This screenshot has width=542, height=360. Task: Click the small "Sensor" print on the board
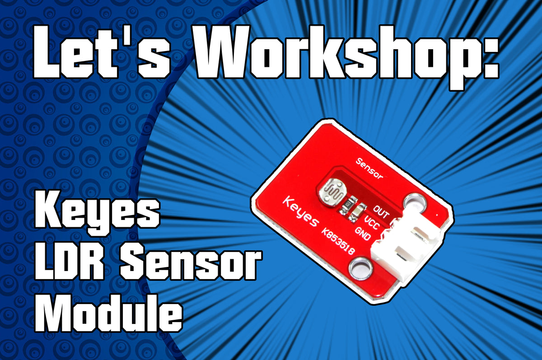pyautogui.click(x=369, y=168)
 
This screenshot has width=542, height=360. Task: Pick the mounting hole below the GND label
pyautogui.click(x=360, y=267)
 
